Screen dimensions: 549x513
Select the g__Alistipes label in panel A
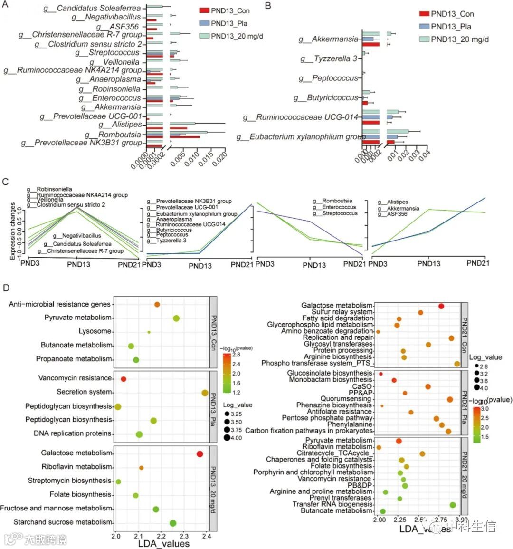pyautogui.click(x=120, y=125)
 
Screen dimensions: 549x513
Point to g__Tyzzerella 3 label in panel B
pyautogui.click(x=329, y=59)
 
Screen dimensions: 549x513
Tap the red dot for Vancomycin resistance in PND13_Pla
pyautogui.click(x=123, y=379)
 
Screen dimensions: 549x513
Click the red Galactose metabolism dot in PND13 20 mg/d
pyautogui.click(x=199, y=454)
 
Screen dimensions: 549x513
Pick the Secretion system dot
pyautogui.click(x=205, y=393)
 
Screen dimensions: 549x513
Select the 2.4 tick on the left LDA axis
pyautogui.click(x=206, y=536)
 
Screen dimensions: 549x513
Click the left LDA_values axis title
pyautogui.click(x=163, y=543)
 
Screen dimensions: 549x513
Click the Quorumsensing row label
pyautogui.click(x=346, y=399)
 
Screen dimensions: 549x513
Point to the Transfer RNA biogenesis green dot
pyautogui.click(x=453, y=505)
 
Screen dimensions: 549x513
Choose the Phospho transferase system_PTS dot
pyautogui.click(x=457, y=364)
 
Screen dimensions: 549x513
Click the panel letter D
pyautogui.click(x=6, y=288)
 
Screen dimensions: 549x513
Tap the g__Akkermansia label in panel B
pyautogui.click(x=328, y=39)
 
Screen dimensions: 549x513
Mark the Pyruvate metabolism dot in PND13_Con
pyautogui.click(x=176, y=318)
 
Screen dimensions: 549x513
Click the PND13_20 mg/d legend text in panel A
pyautogui.click(x=237, y=36)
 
